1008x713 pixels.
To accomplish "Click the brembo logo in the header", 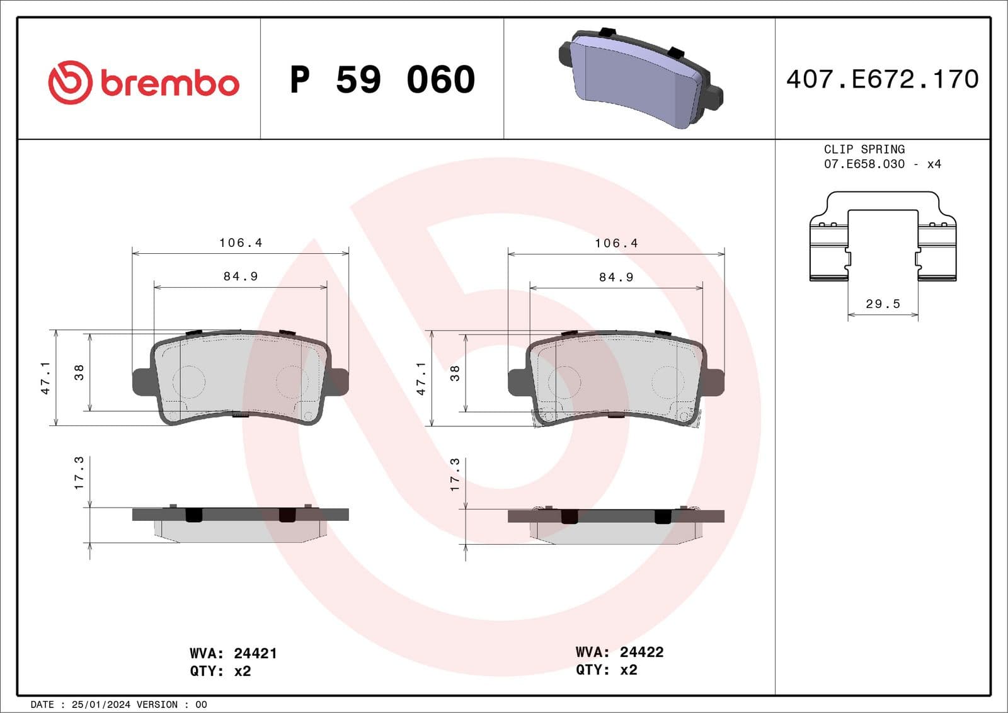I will pos(144,83).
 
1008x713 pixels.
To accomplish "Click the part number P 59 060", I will pos(382,80).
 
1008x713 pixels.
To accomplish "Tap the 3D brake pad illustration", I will pos(640,78).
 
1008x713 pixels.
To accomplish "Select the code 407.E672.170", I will pos(882,79).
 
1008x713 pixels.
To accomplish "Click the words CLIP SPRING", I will pos(864,149).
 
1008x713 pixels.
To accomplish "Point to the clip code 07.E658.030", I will pos(864,164).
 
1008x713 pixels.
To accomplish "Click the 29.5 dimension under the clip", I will pos(883,304).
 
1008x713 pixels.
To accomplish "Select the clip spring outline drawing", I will pos(883,236).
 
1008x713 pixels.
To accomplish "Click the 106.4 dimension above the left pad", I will pos(240,242).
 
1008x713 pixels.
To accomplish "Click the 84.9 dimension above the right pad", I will pos(616,277).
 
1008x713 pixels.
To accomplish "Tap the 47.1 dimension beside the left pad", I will pos(45,377).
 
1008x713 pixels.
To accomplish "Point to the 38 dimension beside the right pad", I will pos(454,373).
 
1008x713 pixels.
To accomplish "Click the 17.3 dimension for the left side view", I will pos(79,473).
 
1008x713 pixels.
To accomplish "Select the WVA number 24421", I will pos(255,653).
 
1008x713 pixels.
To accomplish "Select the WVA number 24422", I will pos(641,652).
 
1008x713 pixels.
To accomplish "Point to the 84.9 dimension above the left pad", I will pos(240,276).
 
